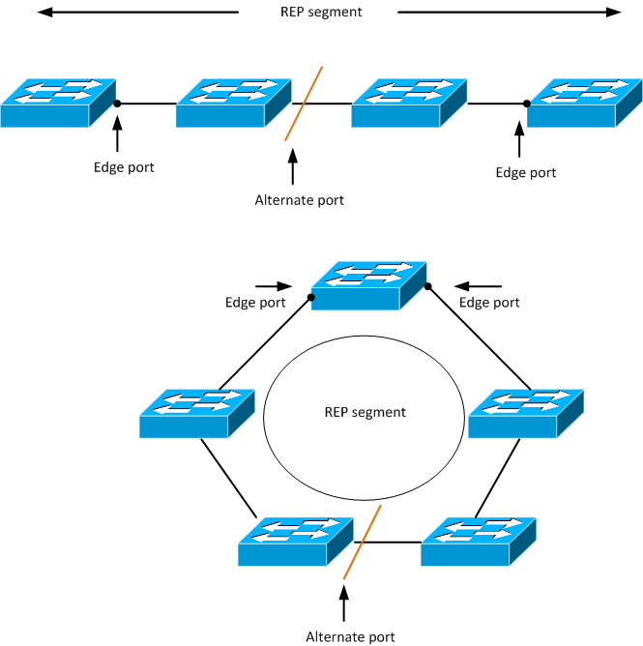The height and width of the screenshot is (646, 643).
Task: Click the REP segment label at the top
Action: point(321,13)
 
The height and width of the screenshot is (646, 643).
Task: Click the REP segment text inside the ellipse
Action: point(365,412)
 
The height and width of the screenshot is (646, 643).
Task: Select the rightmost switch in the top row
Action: point(584,103)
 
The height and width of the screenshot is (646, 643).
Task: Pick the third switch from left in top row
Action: point(409,103)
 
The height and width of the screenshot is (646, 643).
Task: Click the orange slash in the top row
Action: point(304,103)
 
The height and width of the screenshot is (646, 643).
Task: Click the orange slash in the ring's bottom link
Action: point(363,543)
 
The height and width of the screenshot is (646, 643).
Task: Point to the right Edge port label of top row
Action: point(526,173)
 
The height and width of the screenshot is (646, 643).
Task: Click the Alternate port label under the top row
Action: point(299,200)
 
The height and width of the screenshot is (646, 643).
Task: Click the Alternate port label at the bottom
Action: point(350,636)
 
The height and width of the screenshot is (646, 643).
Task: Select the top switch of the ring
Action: point(368,285)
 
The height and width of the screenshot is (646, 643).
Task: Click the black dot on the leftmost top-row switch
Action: point(117,103)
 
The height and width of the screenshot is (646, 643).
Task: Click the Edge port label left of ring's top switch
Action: point(255,303)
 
